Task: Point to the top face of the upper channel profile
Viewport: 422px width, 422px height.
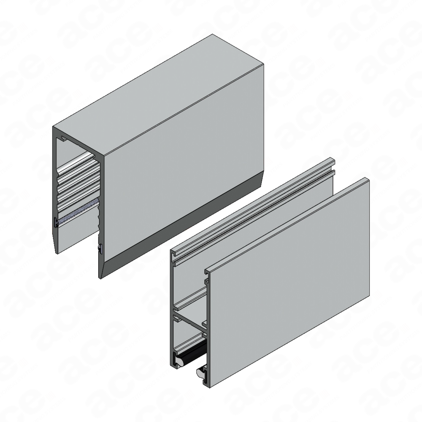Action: tap(158, 95)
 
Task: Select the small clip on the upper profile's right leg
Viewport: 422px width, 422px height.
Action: tap(100, 248)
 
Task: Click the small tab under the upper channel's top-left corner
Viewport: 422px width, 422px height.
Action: tap(64, 139)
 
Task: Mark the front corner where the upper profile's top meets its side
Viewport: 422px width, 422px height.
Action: tap(104, 156)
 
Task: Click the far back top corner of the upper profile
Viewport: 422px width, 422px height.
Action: tap(212, 34)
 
